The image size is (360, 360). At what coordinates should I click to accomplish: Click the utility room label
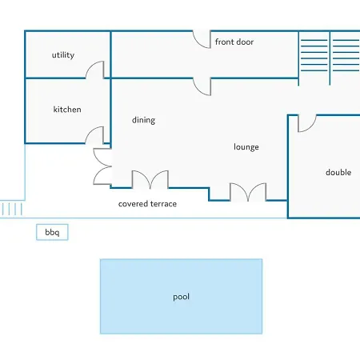click(x=63, y=55)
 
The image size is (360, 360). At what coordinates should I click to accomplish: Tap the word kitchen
click(x=67, y=110)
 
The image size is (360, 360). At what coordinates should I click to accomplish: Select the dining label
click(x=143, y=120)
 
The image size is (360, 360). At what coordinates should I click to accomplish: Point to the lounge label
click(x=246, y=147)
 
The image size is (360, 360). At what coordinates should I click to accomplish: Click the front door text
click(x=234, y=42)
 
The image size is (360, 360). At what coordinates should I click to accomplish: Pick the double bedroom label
click(x=338, y=172)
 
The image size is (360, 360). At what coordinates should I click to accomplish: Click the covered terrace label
click(x=147, y=204)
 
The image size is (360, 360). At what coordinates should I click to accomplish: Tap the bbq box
click(x=52, y=232)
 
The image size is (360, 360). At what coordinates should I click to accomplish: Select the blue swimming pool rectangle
click(x=182, y=296)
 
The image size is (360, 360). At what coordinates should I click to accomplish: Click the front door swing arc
click(x=198, y=43)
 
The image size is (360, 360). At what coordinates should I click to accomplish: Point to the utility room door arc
click(x=91, y=66)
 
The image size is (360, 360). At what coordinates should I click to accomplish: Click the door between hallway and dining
click(x=198, y=90)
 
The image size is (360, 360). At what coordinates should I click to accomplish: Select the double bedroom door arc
click(x=311, y=127)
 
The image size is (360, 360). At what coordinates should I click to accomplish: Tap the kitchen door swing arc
click(x=90, y=131)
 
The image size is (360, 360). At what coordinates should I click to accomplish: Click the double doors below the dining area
click(x=150, y=179)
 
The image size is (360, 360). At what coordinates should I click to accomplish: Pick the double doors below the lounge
click(x=248, y=192)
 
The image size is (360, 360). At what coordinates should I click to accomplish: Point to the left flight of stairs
click(x=314, y=55)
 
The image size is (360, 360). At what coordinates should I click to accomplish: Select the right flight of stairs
click(x=346, y=55)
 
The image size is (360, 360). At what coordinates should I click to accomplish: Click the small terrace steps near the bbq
click(x=12, y=209)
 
